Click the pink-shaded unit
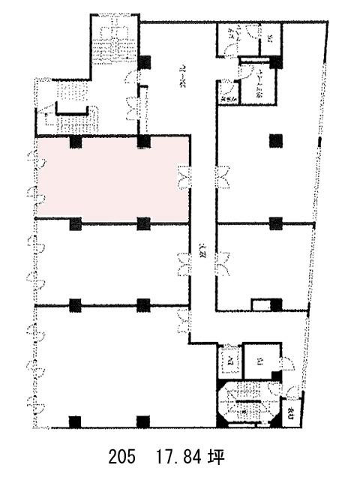pos(112,180)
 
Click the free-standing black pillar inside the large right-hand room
pos(276,139)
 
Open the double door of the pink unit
pos(183,177)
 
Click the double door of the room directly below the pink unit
pos(183,262)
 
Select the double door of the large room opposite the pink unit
pos(222,177)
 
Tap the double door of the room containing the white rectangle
pos(222,262)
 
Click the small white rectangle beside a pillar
pos(259,304)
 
